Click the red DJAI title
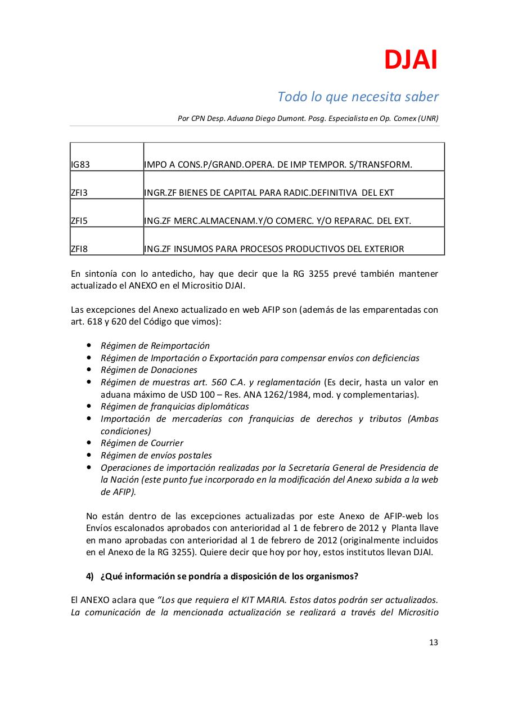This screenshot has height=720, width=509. (x=411, y=60)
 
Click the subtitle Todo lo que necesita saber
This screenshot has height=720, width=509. (x=358, y=97)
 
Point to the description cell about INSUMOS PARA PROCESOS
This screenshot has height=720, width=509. (x=274, y=249)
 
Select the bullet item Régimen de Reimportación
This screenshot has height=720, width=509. (x=155, y=346)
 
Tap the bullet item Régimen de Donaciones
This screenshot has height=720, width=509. (x=148, y=370)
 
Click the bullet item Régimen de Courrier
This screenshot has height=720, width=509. (x=142, y=443)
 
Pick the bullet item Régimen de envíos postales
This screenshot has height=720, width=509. (x=156, y=456)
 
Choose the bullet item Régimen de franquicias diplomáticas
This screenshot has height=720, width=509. (x=174, y=407)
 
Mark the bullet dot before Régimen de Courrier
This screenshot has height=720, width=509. (x=89, y=443)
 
